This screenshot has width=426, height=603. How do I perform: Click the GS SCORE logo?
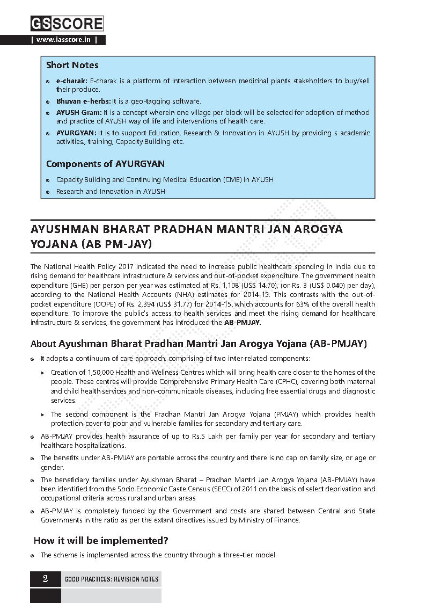pyautogui.click(x=67, y=24)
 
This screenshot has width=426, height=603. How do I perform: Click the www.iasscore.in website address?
pyautogui.click(x=68, y=40)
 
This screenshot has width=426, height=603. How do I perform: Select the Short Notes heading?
pyautogui.click(x=72, y=65)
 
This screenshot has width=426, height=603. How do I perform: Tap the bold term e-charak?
pyautogui.click(x=72, y=81)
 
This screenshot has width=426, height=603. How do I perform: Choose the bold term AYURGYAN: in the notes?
pyautogui.click(x=77, y=133)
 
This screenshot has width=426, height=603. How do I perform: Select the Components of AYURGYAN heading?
pyautogui.click(x=105, y=164)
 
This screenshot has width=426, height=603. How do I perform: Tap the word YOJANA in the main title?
pyautogui.click(x=54, y=244)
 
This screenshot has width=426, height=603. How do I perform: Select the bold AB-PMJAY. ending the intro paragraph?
pyautogui.click(x=243, y=323)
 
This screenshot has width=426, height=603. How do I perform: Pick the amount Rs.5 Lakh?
pyautogui.click(x=201, y=436)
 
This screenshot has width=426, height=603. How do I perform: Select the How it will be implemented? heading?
pyautogui.click(x=101, y=540)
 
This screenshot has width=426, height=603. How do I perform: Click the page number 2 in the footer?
pyautogui.click(x=46, y=578)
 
